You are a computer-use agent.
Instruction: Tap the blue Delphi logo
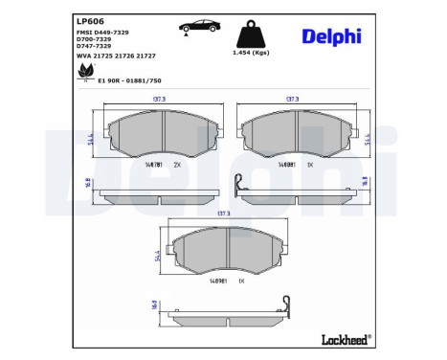tap(331, 35)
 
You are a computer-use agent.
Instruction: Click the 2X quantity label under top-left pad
tap(176, 165)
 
